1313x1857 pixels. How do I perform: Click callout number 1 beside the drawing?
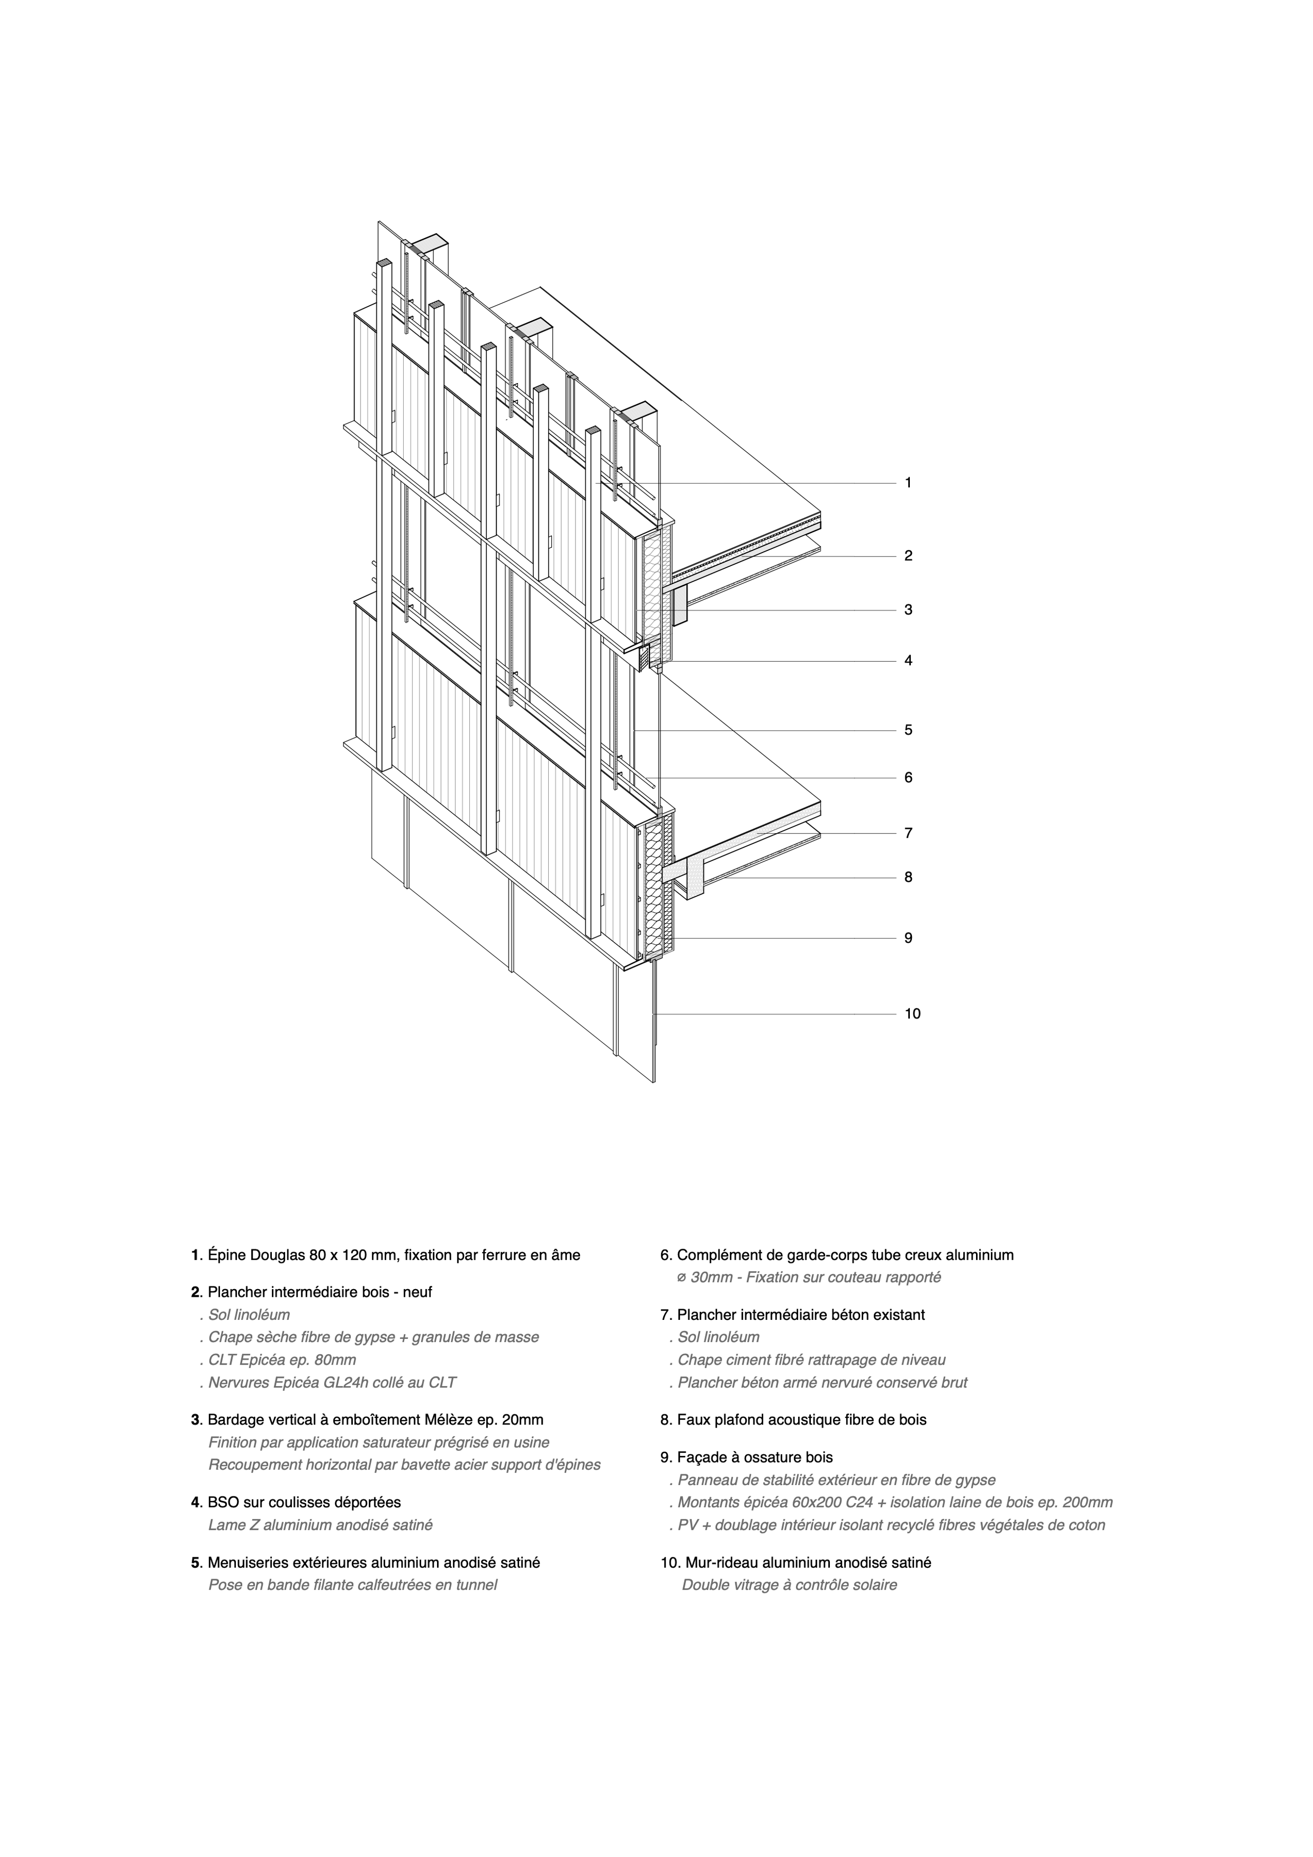click(908, 483)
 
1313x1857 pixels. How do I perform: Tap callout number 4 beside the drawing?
click(908, 661)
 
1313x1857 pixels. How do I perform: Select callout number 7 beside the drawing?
click(908, 833)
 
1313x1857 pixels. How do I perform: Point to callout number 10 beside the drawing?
click(912, 1014)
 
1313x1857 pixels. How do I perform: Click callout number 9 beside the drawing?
click(908, 938)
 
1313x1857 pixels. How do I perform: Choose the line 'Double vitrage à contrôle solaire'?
click(789, 1585)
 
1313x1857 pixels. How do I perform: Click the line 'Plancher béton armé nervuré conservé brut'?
click(822, 1383)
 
